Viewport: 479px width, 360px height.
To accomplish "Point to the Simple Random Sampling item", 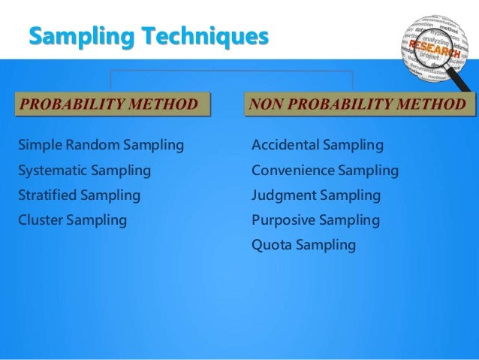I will click(x=101, y=144).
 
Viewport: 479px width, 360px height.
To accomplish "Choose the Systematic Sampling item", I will click(x=84, y=170).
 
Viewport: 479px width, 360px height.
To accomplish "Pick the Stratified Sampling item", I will click(x=79, y=195).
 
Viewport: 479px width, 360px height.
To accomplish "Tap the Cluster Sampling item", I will click(x=72, y=220).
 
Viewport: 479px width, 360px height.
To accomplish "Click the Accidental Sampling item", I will click(x=318, y=144).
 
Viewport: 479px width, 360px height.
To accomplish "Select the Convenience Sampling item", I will click(x=325, y=170).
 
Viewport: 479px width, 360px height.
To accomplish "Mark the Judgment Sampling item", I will click(x=316, y=195).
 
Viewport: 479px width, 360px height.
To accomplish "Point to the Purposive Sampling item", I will click(x=315, y=220).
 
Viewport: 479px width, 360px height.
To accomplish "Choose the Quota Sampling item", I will click(x=304, y=245).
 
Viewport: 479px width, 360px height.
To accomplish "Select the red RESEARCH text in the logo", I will click(x=434, y=49).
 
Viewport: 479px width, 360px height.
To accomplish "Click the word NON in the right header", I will click(x=267, y=103).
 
